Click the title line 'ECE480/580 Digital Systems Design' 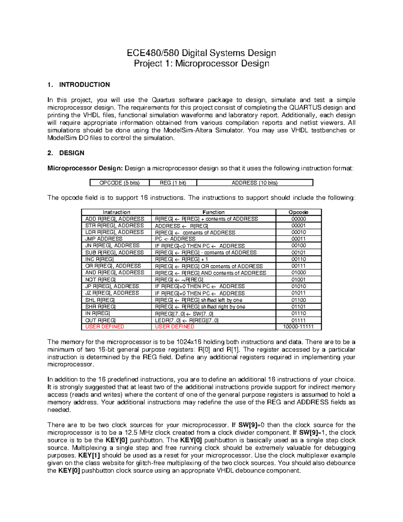pyautogui.click(x=201, y=53)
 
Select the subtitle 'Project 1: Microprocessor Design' pyautogui.click(x=201, y=64)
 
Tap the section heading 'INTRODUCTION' pyautogui.click(x=84, y=85)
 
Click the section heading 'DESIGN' pyautogui.click(x=72, y=153)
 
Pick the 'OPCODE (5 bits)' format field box pyautogui.click(x=120, y=183)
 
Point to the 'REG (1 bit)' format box pyautogui.click(x=173, y=183)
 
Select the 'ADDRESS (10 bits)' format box pyautogui.click(x=255, y=183)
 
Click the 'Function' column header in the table pyautogui.click(x=214, y=212)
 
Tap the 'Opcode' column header pyautogui.click(x=298, y=212)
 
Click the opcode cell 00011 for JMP pyautogui.click(x=298, y=239)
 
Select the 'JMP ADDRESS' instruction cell pyautogui.click(x=104, y=239)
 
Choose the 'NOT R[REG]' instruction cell pyautogui.click(x=100, y=280)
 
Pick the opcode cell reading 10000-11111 pyautogui.click(x=298, y=327)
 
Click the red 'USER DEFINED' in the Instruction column pyautogui.click(x=105, y=327)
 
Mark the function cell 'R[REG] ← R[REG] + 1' pyautogui.click(x=181, y=259)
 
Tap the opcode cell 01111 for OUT pyautogui.click(x=298, y=320)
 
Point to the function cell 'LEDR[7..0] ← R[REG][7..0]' pyautogui.click(x=186, y=320)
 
